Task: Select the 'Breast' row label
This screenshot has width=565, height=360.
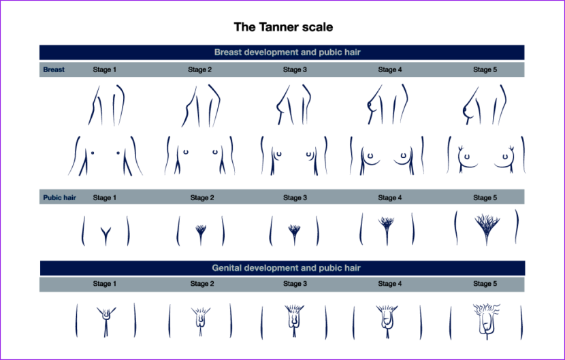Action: coord(54,69)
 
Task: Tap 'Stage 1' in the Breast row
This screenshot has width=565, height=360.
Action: coord(105,69)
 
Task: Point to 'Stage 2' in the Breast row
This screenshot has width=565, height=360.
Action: coord(200,69)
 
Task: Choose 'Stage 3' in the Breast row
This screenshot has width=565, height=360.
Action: coord(295,69)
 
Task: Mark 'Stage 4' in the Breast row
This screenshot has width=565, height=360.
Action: coord(390,69)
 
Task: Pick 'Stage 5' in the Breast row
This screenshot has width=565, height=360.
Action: coord(485,69)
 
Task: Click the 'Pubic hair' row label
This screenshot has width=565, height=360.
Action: coord(60,198)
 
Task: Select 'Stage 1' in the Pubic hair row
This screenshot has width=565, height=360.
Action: coord(105,198)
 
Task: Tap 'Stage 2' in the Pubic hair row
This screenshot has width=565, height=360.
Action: coord(202,198)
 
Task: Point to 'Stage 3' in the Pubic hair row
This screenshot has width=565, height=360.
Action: coord(295,198)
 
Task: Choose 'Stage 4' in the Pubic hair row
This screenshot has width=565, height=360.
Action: coord(390,198)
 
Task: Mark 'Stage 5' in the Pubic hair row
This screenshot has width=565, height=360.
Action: coord(485,198)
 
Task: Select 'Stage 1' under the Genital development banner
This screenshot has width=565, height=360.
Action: coord(105,284)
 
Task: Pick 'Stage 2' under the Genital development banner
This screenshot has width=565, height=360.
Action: coord(202,284)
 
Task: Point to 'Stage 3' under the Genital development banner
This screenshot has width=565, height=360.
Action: coord(295,284)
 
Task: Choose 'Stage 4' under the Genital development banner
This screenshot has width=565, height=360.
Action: coord(390,284)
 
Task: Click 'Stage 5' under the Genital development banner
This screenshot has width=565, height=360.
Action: coord(485,284)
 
